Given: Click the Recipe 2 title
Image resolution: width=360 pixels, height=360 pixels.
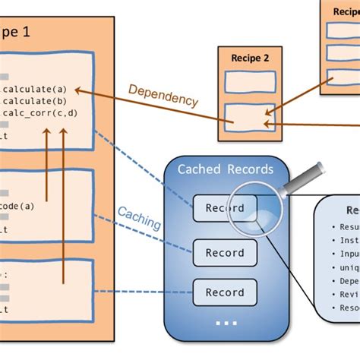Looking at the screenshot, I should [244, 57].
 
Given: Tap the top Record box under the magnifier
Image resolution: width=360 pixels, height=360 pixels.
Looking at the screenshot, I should [219, 208].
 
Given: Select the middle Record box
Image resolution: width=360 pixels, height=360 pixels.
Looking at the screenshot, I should [219, 252].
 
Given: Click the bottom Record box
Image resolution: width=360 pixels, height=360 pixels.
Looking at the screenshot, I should [219, 292].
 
